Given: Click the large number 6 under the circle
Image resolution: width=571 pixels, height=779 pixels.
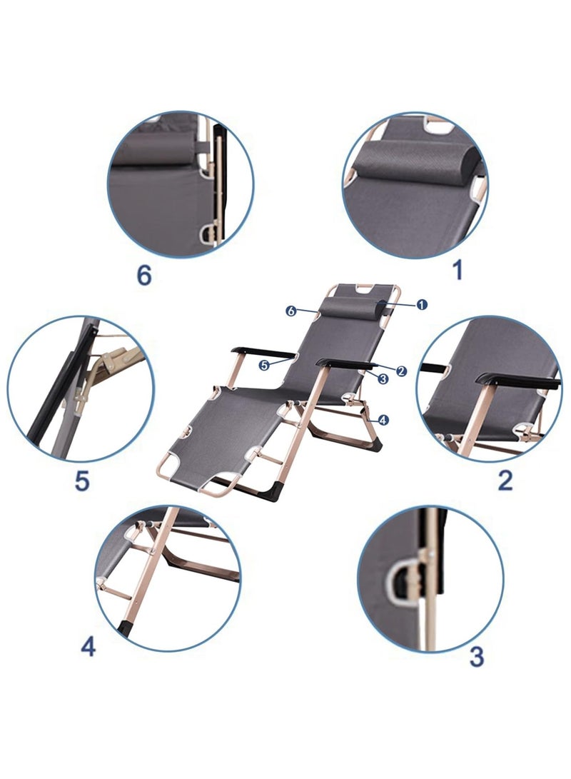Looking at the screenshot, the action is tap(143, 274).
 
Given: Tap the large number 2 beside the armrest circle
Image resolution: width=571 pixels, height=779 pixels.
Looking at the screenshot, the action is tap(505, 480).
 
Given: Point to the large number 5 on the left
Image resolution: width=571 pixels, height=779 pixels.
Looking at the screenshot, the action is tap(82, 481).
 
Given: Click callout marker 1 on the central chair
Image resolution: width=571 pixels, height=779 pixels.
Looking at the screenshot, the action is tap(422, 304).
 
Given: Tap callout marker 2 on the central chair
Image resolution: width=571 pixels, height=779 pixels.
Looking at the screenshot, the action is tap(401, 370).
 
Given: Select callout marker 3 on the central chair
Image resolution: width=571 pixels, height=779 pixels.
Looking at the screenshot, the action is tap(383, 378).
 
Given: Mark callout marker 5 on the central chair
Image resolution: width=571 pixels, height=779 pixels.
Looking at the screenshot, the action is tap(264, 365).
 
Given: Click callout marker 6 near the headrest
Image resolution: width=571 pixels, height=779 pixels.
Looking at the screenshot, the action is tap(291, 311).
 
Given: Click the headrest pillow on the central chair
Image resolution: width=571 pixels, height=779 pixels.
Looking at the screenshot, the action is tap(353, 308).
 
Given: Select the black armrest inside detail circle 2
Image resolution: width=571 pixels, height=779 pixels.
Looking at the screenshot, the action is tap(517, 381).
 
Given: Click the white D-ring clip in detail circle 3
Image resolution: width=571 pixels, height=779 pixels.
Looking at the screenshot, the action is tap(398, 579).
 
